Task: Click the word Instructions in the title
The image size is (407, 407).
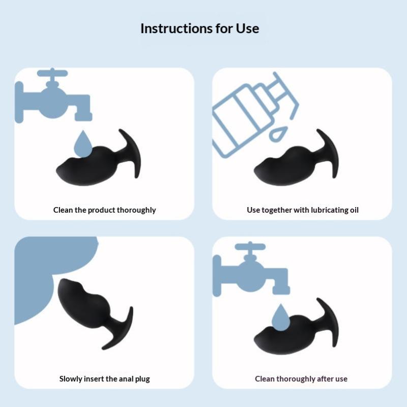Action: (176, 28)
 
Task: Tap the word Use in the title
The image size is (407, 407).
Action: (247, 28)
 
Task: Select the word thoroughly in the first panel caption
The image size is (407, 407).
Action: (136, 210)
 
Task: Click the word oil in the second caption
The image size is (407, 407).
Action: (354, 210)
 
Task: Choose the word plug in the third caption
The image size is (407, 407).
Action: (142, 379)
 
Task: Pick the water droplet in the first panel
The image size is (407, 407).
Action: (83, 144)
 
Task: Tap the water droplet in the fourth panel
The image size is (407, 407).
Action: (281, 317)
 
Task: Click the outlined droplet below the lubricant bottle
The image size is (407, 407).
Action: (278, 134)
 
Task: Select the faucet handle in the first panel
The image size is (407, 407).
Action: (52, 73)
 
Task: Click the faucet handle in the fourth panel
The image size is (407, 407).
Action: (250, 247)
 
